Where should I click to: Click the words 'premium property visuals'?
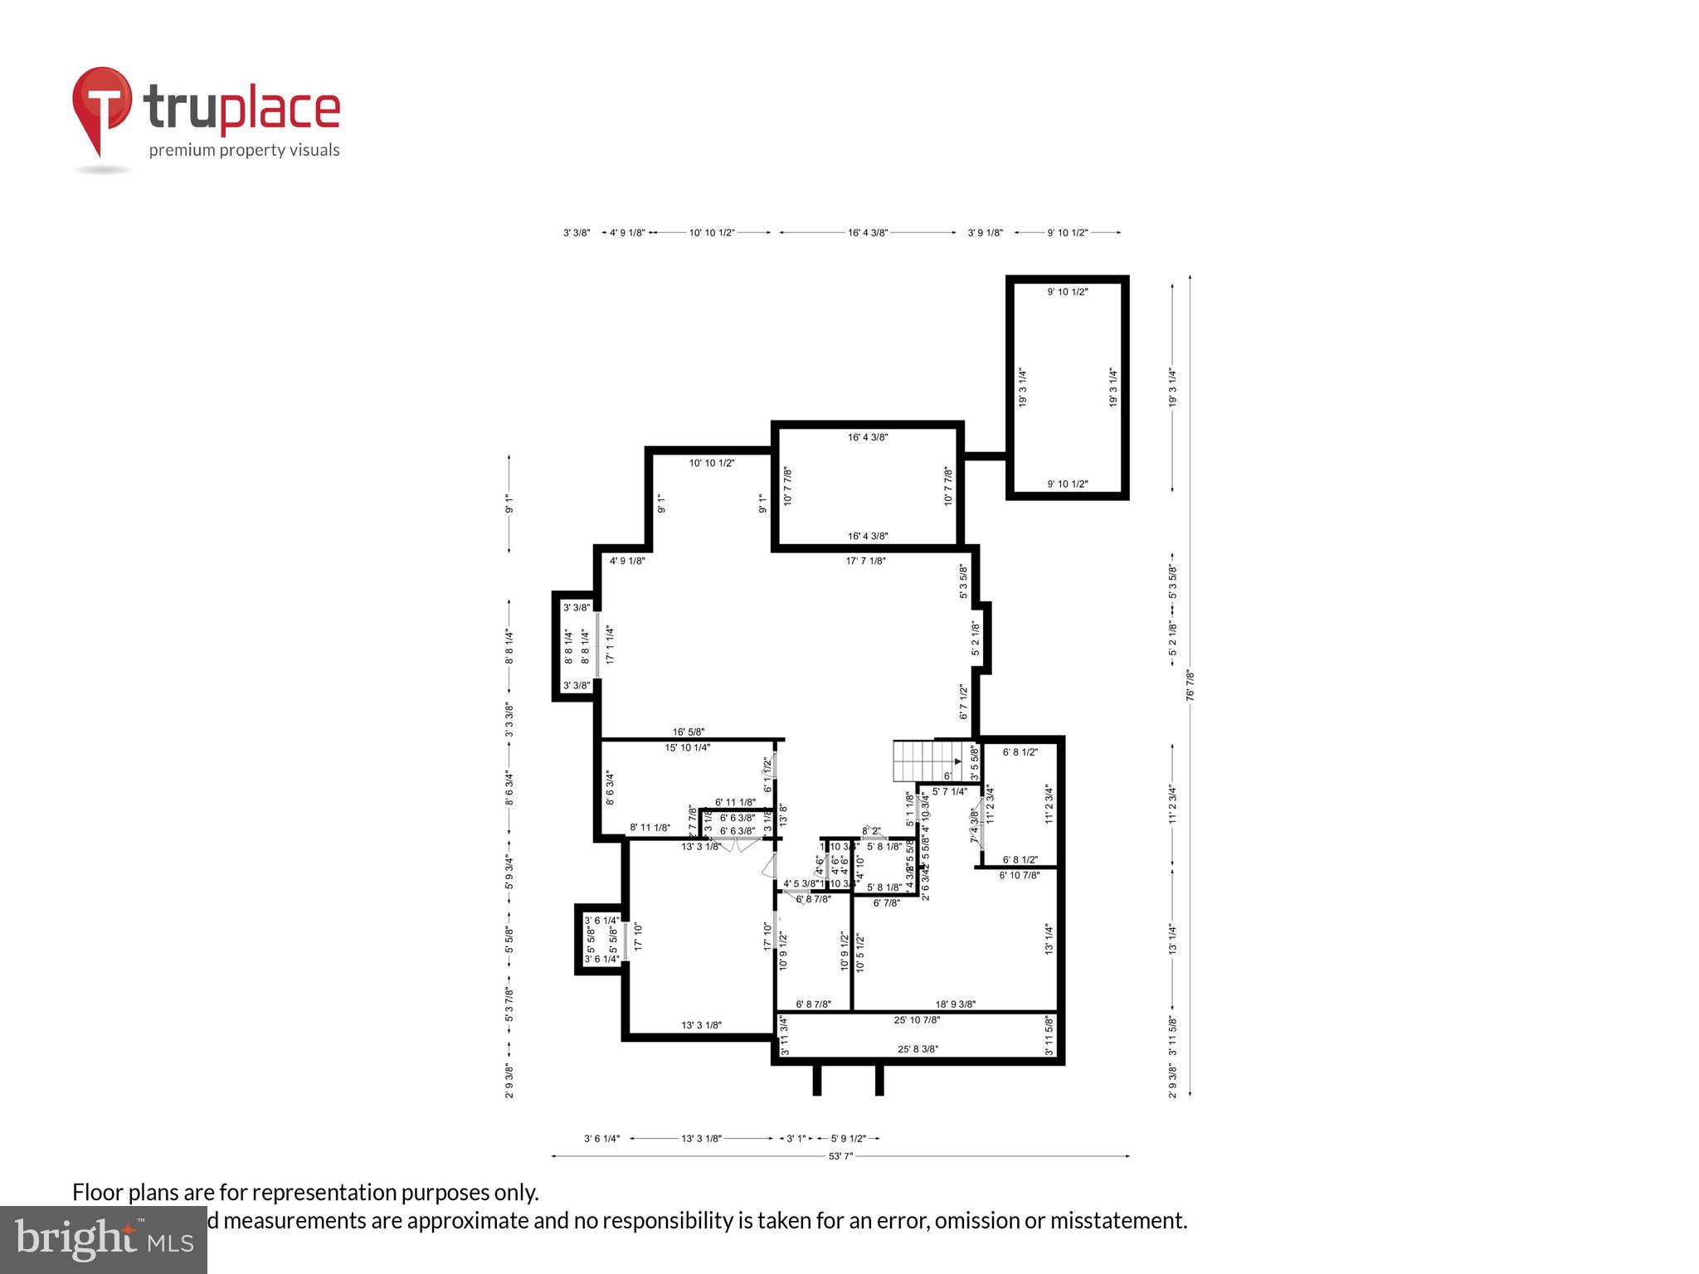pos(244,150)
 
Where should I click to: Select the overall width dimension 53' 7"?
pos(840,1155)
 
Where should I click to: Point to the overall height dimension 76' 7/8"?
pos(1190,685)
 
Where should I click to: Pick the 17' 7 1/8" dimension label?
pos(865,561)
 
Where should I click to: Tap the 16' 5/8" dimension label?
pos(689,732)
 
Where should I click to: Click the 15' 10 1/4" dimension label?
pos(687,747)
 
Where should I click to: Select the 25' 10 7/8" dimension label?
pos(917,1019)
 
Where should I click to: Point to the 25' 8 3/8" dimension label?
pos(918,1048)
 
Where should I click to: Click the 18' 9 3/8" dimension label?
pos(955,1004)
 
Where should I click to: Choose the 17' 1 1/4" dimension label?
pos(610,644)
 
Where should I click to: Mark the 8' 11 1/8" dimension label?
pos(650,827)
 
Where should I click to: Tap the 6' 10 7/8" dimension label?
pos(1020,874)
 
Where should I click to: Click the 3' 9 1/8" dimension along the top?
pos(985,233)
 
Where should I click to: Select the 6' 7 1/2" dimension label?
pos(963,702)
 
